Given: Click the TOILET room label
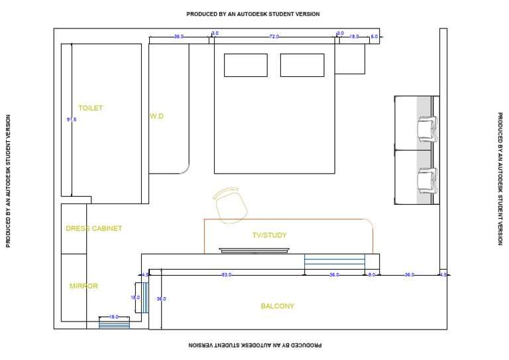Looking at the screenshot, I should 91,108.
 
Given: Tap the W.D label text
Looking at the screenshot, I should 156,116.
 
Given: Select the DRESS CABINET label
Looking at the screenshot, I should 94,229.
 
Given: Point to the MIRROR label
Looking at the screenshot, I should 84,286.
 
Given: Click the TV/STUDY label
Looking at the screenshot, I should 269,235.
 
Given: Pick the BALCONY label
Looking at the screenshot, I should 277,306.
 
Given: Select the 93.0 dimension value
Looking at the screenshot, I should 227,274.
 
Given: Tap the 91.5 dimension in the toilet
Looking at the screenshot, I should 72,120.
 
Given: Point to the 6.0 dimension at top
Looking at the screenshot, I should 374,37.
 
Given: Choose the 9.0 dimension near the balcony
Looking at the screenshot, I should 372,274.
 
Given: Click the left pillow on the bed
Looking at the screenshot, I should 245,65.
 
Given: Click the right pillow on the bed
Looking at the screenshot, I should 302,65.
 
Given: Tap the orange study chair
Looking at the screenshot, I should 230,205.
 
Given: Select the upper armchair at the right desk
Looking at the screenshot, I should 427,128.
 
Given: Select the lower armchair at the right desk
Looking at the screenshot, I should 427,180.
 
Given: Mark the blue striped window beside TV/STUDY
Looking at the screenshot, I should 335,260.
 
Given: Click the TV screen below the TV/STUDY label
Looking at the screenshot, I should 254,250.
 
